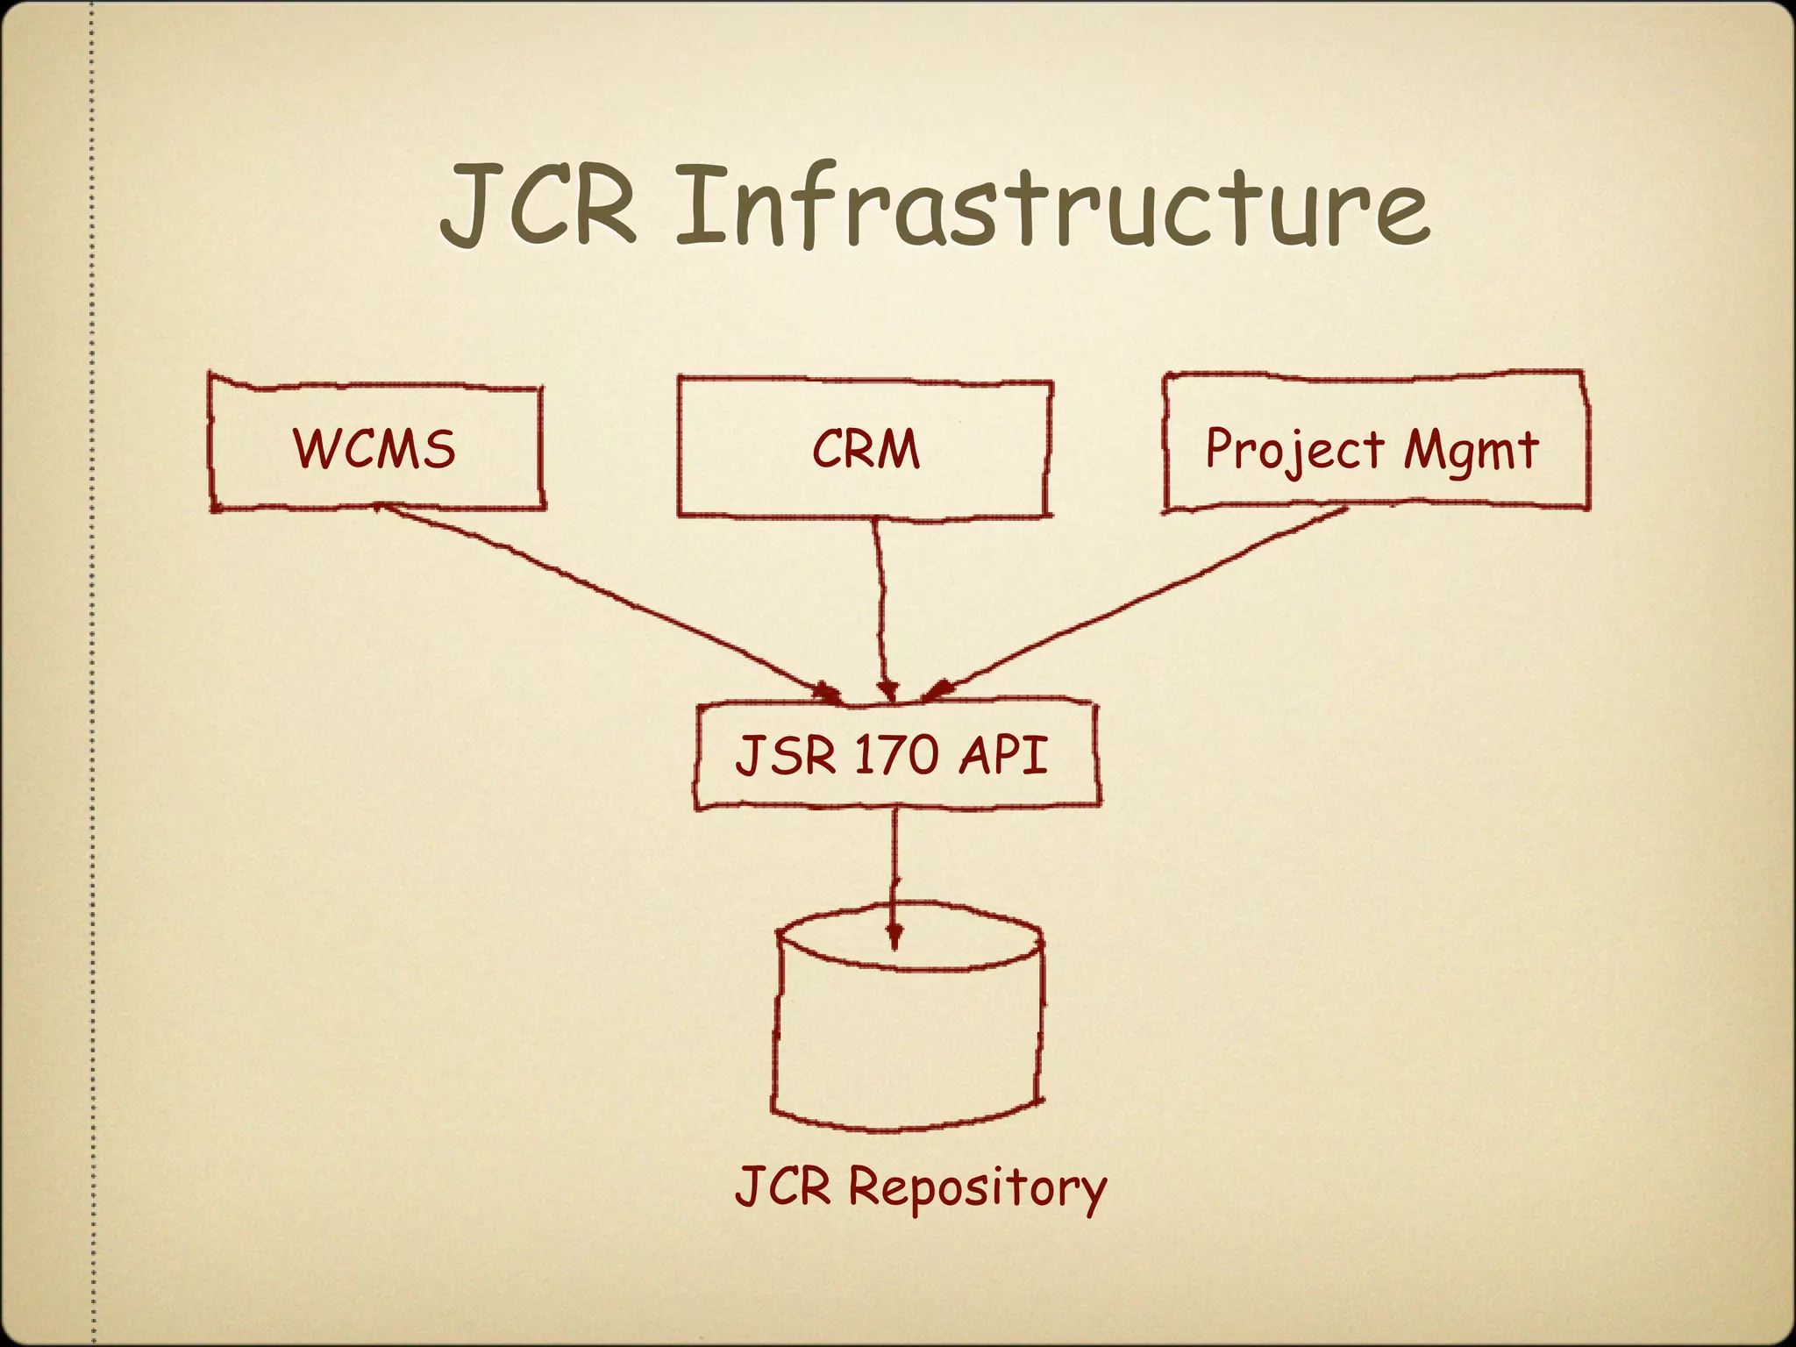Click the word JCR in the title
click(537, 206)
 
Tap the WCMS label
click(374, 448)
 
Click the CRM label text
click(866, 449)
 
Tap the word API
click(1002, 754)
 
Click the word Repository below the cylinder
click(977, 1188)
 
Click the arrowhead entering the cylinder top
click(894, 937)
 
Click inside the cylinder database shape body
click(908, 1035)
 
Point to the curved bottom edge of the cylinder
click(908, 1127)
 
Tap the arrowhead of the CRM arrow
click(887, 691)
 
